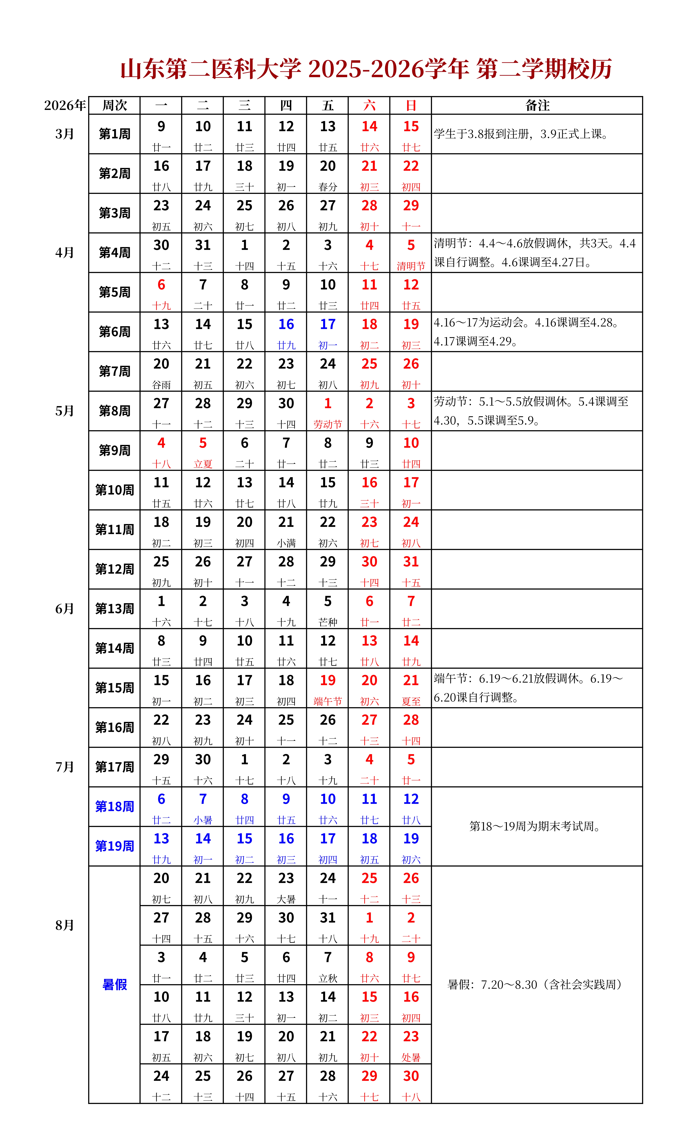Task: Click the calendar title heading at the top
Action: (366, 69)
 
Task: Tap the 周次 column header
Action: (114, 106)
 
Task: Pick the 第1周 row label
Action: (114, 134)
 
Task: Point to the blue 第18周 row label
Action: (114, 806)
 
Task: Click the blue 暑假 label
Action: (114, 985)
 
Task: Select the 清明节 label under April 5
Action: (411, 266)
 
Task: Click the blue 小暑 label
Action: (203, 820)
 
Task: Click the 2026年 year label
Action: (65, 106)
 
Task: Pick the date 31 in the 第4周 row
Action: (203, 245)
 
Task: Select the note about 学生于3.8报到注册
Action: (521, 134)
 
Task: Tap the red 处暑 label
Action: (411, 1057)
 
